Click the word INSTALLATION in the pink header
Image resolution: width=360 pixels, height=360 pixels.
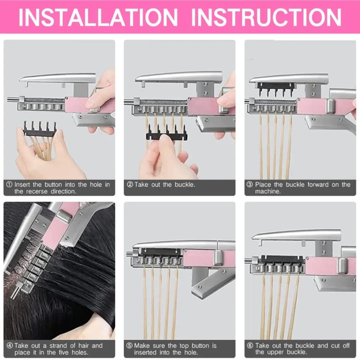pos(98,17)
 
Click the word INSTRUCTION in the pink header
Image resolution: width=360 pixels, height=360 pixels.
pos(266,17)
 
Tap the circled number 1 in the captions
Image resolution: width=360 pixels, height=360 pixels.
pos(9,185)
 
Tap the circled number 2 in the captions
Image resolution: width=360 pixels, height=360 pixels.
pos(130,185)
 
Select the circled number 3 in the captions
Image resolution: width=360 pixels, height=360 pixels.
pos(250,185)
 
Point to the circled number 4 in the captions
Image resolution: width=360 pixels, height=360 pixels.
pos(10,346)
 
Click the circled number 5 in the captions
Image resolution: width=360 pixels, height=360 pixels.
pos(129,346)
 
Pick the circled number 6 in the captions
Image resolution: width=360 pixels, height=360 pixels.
pos(250,346)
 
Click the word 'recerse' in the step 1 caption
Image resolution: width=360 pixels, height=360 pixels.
pos(37,191)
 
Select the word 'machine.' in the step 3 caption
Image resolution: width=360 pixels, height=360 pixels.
pos(268,191)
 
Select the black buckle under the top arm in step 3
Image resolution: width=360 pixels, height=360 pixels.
pos(275,88)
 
